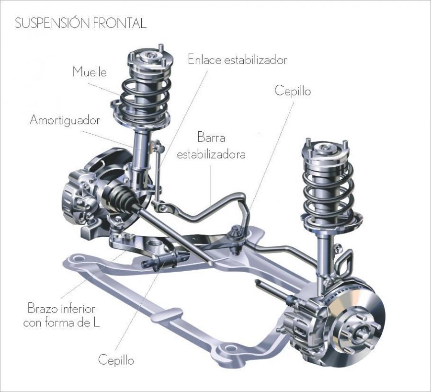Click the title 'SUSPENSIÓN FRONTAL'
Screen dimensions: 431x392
point(80,23)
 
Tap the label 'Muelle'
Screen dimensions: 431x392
point(90,72)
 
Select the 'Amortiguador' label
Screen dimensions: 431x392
point(65,120)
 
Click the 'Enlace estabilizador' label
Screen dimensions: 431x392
point(238,60)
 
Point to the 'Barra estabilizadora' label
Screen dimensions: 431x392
point(211,146)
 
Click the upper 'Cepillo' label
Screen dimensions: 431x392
point(293,91)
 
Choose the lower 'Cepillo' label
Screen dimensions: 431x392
point(116,360)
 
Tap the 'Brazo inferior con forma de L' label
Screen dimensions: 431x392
point(61,315)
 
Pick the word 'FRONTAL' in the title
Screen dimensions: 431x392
point(119,23)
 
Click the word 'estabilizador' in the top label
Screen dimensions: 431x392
point(256,60)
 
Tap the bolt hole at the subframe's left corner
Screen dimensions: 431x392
point(79,259)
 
